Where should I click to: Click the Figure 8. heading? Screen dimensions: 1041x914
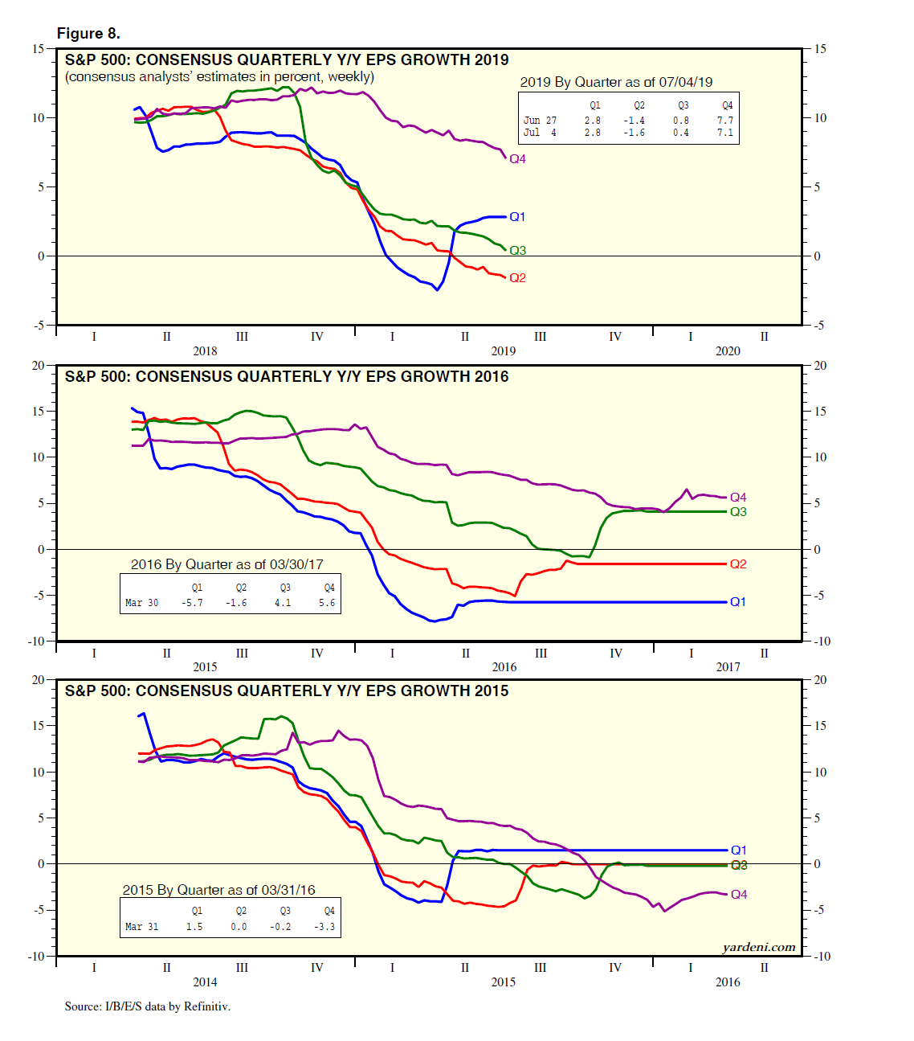coord(88,33)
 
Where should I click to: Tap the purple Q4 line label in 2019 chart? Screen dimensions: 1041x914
coord(517,159)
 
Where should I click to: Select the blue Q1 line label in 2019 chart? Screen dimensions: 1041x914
coord(517,217)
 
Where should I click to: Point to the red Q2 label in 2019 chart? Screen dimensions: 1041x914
coord(517,278)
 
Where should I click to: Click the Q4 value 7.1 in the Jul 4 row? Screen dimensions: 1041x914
coord(724,133)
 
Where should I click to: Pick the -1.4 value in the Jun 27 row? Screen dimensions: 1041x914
coord(634,121)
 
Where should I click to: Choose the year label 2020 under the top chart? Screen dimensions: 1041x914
coord(728,350)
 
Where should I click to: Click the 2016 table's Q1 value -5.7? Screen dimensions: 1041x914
coord(192,603)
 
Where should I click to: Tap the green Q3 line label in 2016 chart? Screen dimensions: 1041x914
coord(738,512)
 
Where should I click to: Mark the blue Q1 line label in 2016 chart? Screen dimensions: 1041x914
coord(738,602)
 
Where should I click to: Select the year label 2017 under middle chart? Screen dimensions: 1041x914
coord(728,666)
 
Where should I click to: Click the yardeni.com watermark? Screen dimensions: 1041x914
coord(759,947)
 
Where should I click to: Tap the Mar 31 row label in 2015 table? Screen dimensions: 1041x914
coord(141,927)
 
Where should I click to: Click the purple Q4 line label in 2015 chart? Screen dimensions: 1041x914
coord(739,895)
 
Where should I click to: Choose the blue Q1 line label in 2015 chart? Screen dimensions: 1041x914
coord(739,850)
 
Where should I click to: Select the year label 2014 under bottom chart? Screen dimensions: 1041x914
coord(205,982)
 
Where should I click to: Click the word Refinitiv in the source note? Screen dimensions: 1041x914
coord(207,1006)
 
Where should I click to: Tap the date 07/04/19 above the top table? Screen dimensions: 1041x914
coord(687,82)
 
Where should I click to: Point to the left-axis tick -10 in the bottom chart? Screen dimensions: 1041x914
coord(37,956)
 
